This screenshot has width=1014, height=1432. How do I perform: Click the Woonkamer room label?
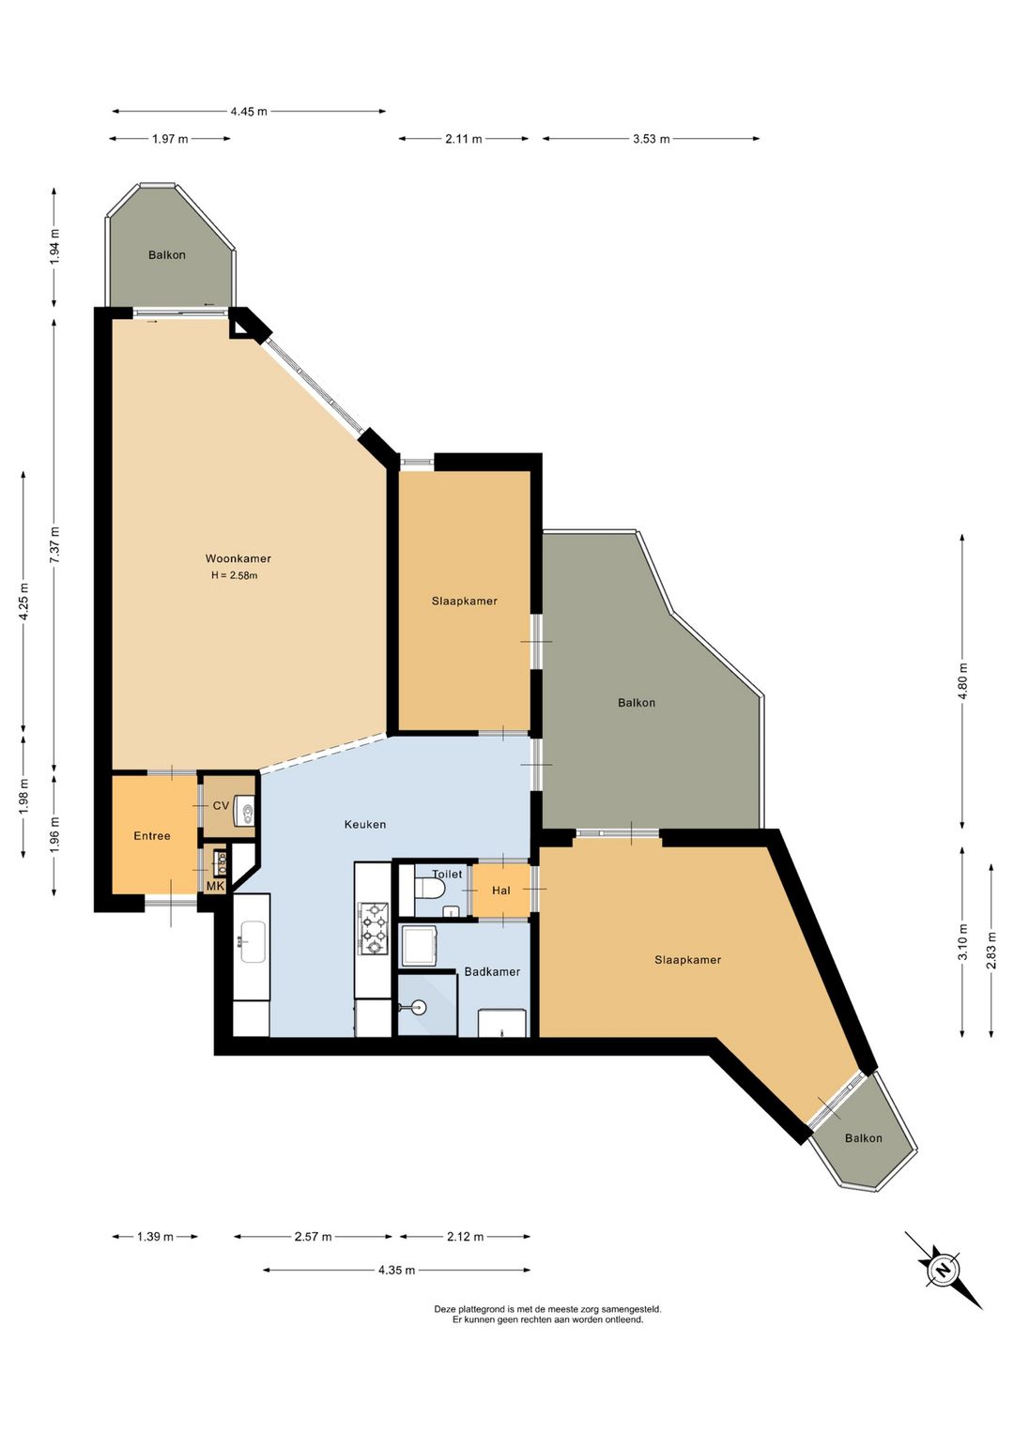pos(238,558)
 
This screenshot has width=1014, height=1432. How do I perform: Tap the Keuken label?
pos(364,824)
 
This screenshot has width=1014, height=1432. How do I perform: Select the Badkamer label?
pos(492,971)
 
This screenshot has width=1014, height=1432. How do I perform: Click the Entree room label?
pos(152,835)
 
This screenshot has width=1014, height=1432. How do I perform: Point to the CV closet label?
pos(221,805)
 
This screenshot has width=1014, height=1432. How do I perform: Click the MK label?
pos(215,886)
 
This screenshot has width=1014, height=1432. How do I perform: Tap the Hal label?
pos(501,890)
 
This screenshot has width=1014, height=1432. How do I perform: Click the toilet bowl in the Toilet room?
pos(430,888)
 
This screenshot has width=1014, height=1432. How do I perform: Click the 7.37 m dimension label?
pos(55,544)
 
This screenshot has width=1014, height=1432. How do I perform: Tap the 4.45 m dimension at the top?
pos(249,112)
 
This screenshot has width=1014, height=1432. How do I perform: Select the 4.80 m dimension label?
pos(962,681)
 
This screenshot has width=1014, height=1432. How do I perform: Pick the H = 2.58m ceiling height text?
pos(235,575)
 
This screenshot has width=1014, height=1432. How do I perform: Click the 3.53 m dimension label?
pos(652,139)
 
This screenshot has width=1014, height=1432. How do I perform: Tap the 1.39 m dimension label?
pos(156,1218)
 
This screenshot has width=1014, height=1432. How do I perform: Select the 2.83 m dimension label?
pos(991,951)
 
